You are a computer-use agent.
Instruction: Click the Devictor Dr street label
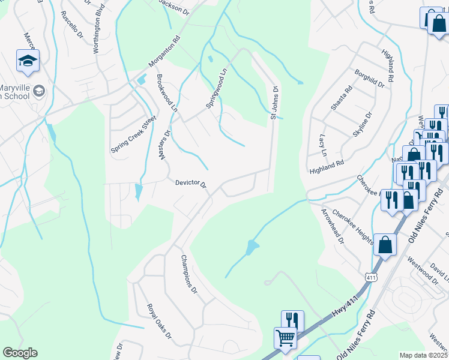191,184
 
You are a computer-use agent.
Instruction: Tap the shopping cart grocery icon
285,337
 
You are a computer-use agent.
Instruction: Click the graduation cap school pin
28,61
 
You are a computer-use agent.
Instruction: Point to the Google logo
20,353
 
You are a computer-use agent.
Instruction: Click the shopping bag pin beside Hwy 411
385,245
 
